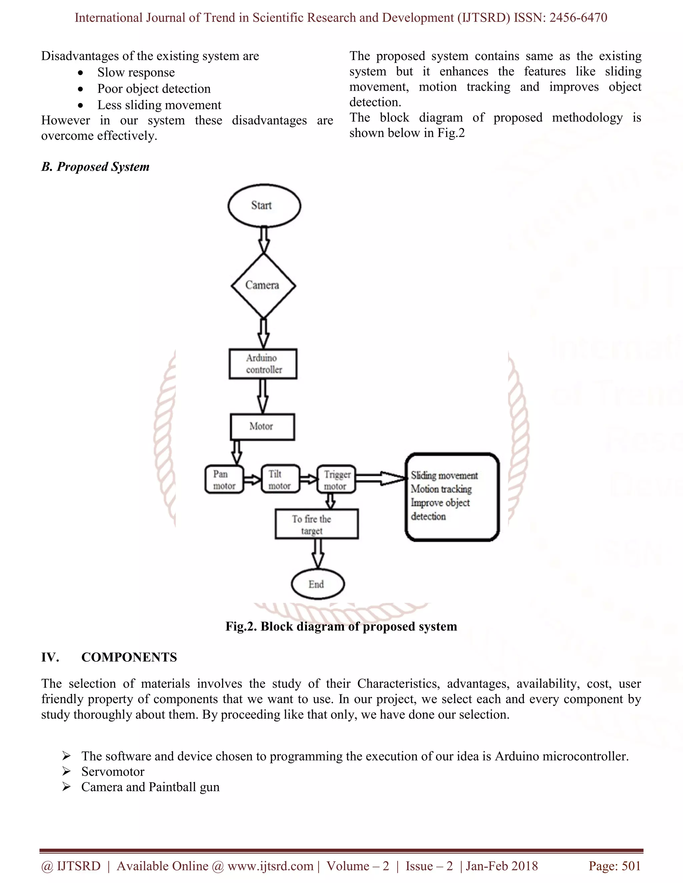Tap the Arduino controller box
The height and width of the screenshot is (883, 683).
[x=263, y=364]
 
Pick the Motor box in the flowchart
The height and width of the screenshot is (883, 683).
[x=262, y=427]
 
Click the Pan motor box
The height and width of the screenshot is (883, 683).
[x=224, y=479]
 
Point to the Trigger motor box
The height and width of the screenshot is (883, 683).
[x=336, y=480]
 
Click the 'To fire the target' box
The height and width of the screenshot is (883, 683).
[x=316, y=524]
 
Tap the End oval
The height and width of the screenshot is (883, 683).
[x=317, y=584]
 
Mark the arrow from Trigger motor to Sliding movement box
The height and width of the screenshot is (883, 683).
[x=380, y=479]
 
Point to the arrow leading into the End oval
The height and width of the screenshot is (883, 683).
[x=318, y=553]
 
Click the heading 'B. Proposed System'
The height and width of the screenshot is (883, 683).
[x=95, y=167]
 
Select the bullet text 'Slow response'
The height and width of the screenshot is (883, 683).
[x=136, y=73]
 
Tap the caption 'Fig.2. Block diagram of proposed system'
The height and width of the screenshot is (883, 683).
[x=341, y=626]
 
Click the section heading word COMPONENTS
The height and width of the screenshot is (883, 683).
[x=129, y=657]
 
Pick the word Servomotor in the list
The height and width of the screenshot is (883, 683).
[x=113, y=771]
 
